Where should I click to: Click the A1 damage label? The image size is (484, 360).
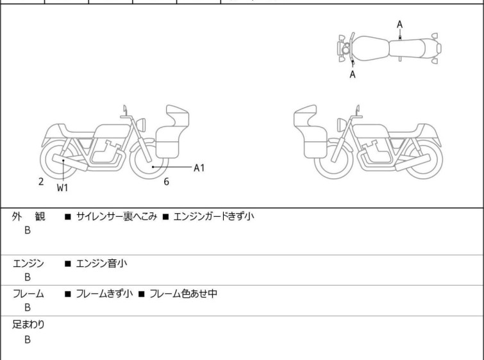point(199,167)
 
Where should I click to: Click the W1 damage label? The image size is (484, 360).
point(62,188)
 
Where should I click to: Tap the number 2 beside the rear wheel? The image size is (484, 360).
point(41,182)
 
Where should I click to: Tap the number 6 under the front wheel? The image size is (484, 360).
point(166,182)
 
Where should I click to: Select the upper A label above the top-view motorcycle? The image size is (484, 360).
point(399,24)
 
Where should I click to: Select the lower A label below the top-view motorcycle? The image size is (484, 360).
point(352,74)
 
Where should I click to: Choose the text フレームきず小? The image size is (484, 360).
point(104,294)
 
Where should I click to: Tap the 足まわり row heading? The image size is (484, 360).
point(29,325)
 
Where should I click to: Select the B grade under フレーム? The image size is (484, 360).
point(28,307)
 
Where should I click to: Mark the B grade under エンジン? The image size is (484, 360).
point(28,277)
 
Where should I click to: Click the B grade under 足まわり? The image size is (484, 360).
point(28,339)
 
